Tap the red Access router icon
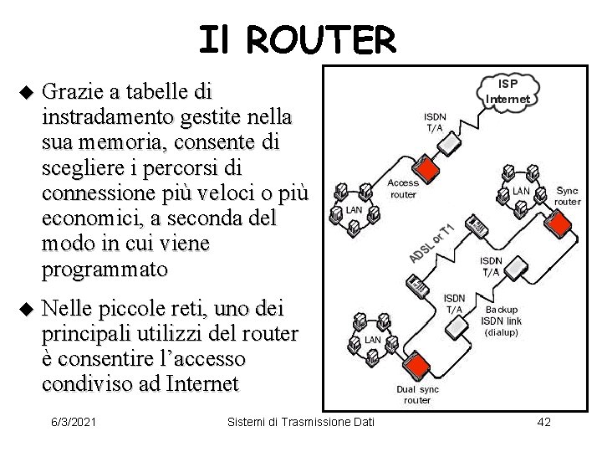pyautogui.click(x=427, y=169)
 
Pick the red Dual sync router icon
pyautogui.click(x=423, y=362)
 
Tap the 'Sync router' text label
pyautogui.click(x=568, y=196)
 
